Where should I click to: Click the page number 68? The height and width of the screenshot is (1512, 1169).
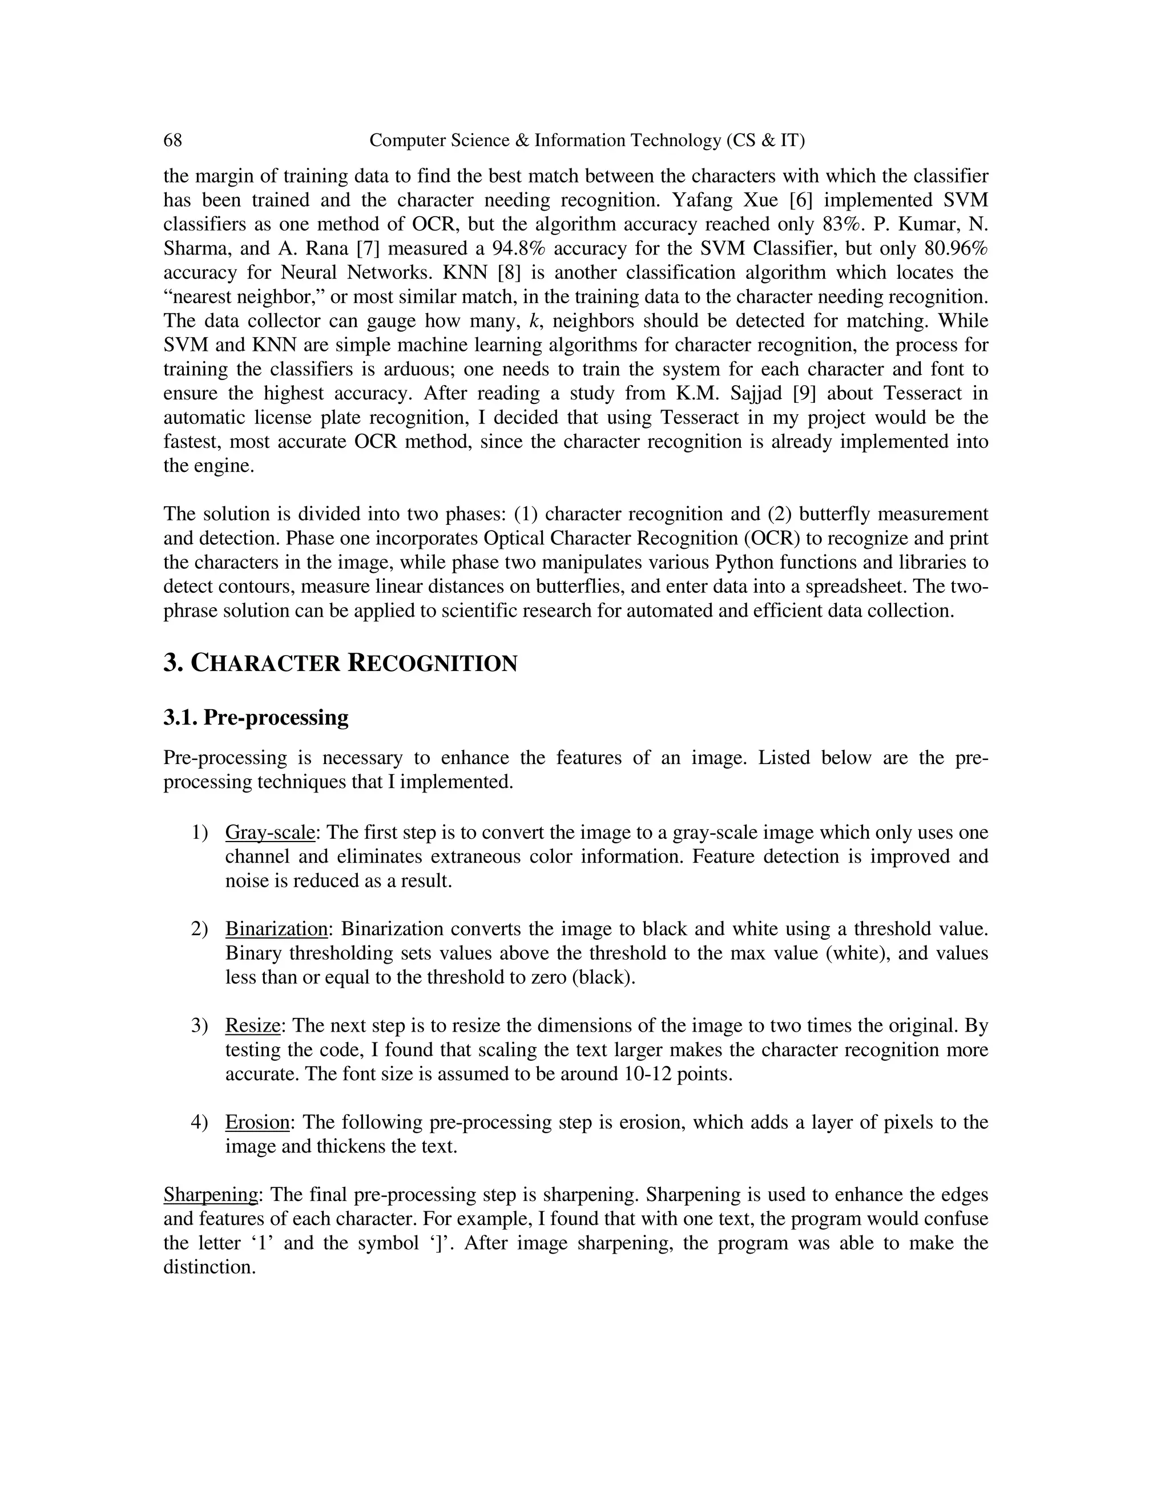click(x=172, y=140)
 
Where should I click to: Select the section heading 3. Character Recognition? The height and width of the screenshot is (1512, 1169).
click(x=340, y=663)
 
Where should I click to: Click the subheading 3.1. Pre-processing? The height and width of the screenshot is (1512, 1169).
click(x=256, y=717)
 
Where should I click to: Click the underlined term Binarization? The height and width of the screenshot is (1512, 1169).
click(x=276, y=929)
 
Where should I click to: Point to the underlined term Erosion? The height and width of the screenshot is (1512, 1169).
click(x=257, y=1122)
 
